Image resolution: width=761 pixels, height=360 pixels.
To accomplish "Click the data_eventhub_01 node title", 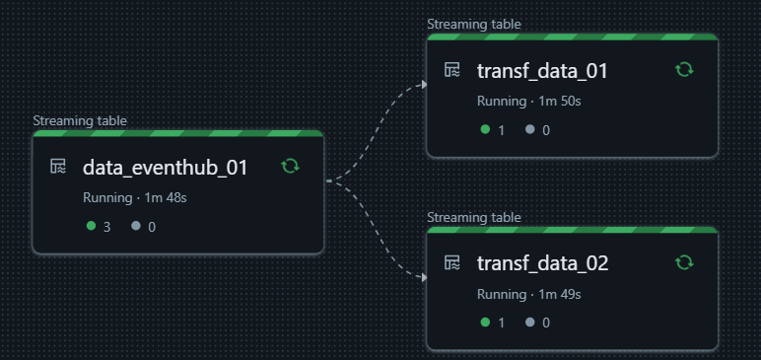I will click(165, 168).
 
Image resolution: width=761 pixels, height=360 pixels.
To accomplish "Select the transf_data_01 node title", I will click(542, 71).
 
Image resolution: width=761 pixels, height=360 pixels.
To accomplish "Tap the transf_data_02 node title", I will click(542, 263).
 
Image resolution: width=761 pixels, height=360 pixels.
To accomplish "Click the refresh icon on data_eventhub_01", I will click(290, 166).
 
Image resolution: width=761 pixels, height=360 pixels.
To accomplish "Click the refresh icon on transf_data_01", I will click(684, 69).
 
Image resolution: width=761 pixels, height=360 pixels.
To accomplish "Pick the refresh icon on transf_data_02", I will click(684, 262).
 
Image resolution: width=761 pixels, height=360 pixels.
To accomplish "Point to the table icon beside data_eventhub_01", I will click(58, 167).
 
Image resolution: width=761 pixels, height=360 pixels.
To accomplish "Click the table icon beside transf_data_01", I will click(452, 70).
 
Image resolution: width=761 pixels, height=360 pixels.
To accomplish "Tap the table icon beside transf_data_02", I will click(452, 262).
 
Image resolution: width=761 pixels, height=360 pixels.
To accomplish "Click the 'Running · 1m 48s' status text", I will click(134, 198).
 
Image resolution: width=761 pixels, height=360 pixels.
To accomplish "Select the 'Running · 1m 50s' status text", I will click(528, 102).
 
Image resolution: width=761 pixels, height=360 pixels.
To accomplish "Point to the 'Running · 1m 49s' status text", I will click(528, 294).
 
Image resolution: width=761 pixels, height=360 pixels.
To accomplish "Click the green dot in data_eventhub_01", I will click(92, 226).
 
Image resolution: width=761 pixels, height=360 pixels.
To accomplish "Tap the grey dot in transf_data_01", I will click(530, 129).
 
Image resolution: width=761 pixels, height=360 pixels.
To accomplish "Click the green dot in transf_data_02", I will click(485, 322).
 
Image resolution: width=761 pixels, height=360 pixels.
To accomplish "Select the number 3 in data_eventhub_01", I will click(107, 227).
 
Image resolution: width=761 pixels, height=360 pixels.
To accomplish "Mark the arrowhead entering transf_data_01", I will click(423, 85).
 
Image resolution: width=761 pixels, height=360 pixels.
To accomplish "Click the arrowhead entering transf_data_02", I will click(423, 277).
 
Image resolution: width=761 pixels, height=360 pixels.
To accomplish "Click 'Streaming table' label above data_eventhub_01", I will click(80, 121).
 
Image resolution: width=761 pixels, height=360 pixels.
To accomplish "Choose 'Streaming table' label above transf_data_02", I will click(474, 217).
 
